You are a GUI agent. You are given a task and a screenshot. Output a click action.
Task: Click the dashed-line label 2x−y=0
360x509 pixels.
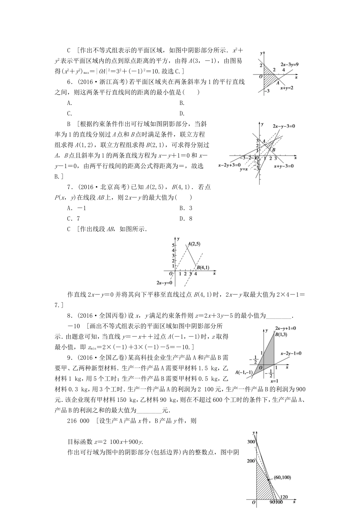164,283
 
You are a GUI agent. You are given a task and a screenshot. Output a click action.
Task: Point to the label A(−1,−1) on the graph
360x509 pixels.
244,373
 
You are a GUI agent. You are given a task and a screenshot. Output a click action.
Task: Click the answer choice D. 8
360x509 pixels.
186,219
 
